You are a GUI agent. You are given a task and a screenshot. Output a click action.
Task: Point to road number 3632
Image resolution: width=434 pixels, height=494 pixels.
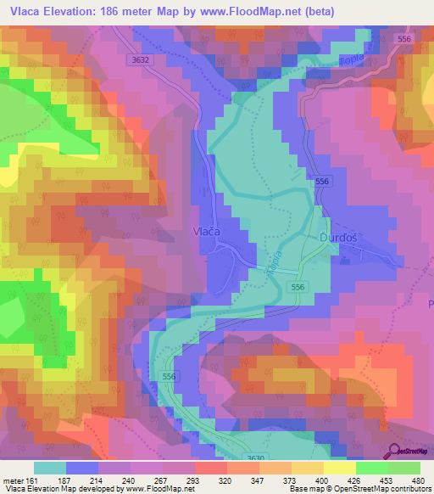point(141,59)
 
